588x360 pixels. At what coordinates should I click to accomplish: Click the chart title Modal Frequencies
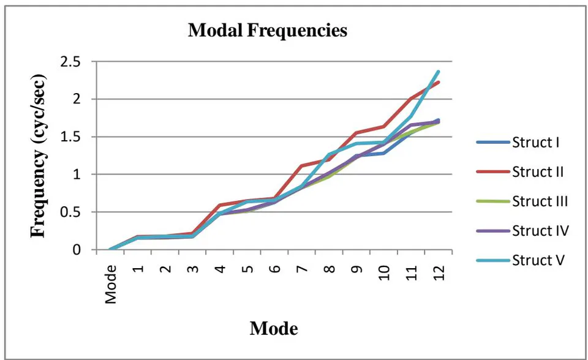point(268,31)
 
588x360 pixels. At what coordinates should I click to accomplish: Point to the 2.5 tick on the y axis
point(70,61)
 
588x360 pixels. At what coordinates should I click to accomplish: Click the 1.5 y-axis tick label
point(70,137)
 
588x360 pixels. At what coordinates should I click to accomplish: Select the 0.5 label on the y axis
point(70,212)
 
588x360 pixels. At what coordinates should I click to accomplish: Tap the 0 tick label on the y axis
point(77,249)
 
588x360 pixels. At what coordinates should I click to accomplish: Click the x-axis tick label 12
point(439,272)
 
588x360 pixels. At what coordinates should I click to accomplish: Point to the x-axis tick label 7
point(302,269)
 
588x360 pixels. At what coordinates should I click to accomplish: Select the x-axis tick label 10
point(383,272)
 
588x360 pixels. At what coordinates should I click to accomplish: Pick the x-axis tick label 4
point(220,269)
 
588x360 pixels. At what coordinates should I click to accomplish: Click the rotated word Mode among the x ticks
point(111,284)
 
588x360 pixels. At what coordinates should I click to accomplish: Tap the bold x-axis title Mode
point(274,329)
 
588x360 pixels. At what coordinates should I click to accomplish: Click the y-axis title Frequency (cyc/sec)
point(38,156)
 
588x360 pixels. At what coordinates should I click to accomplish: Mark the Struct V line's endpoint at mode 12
point(439,71)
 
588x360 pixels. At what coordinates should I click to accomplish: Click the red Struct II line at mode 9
point(356,133)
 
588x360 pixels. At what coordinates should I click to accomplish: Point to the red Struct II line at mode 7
point(302,165)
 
